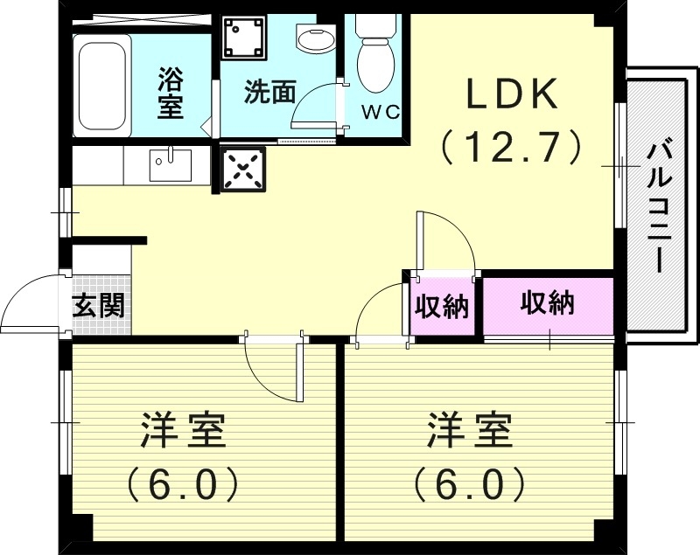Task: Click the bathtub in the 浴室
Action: (101, 86)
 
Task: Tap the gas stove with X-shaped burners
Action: (242, 168)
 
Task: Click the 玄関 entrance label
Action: (98, 306)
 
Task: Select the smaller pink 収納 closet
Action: (442, 307)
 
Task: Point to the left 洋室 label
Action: (184, 432)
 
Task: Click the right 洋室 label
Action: (469, 432)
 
